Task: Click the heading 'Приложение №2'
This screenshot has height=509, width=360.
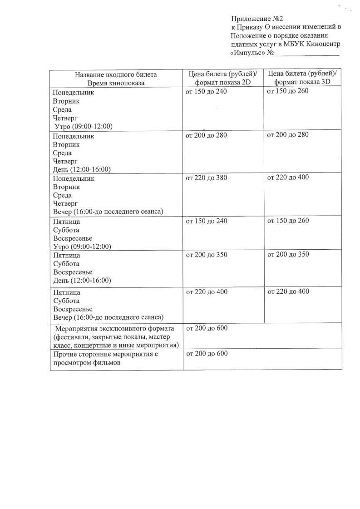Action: (257, 19)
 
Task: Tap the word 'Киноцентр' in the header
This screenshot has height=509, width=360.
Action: (320, 44)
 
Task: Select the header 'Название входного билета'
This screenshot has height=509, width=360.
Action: (115, 74)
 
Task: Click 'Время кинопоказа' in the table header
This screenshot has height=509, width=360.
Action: (116, 83)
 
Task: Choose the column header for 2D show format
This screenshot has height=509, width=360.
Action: (222, 78)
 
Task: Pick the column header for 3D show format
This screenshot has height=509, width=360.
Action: (303, 78)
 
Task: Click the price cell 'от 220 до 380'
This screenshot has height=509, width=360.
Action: (206, 178)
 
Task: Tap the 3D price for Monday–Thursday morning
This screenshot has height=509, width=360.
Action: (288, 92)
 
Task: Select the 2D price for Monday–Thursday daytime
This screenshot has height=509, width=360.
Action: (206, 135)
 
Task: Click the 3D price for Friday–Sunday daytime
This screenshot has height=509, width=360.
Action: (288, 254)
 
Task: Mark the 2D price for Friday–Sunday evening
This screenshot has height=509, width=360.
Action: (207, 292)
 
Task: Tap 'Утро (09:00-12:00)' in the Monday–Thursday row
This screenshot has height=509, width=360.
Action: (84, 126)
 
